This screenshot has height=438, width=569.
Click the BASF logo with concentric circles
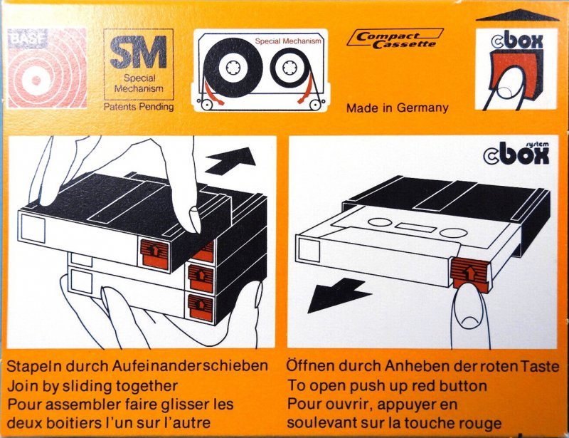46,68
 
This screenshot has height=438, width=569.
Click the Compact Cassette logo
395,38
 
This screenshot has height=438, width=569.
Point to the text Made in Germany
397,108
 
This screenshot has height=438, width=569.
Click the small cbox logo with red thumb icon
516,68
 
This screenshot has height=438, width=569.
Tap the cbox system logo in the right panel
517,152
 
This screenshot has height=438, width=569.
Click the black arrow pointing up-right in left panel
234,159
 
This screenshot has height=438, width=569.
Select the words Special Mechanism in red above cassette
289,41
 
